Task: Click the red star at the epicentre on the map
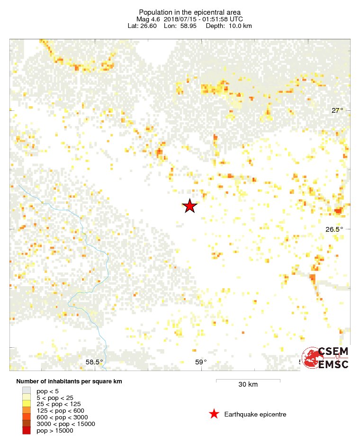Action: tap(189, 206)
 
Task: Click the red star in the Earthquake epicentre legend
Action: tap(214, 414)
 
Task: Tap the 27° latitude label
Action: tap(337, 110)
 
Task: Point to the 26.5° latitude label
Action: tap(334, 229)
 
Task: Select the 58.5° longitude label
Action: tap(94, 362)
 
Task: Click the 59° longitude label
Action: tap(201, 362)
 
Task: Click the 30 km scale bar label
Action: tap(248, 384)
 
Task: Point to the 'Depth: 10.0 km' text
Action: tap(229, 26)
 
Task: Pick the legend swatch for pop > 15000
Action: tap(27, 430)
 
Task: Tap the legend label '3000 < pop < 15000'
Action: tap(66, 424)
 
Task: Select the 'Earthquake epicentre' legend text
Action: tap(255, 415)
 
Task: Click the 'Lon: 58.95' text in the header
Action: tap(180, 26)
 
